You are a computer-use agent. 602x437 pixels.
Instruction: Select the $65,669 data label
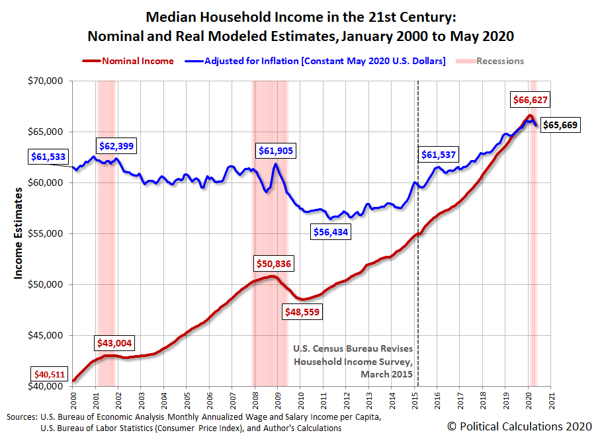coord(561,125)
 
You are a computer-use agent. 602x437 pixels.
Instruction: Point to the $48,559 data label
coord(303,311)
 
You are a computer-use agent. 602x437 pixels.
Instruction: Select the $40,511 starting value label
coord(48,375)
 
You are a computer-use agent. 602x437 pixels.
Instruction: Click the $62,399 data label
coord(116,145)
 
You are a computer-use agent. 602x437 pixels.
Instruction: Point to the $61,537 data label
coord(440,155)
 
